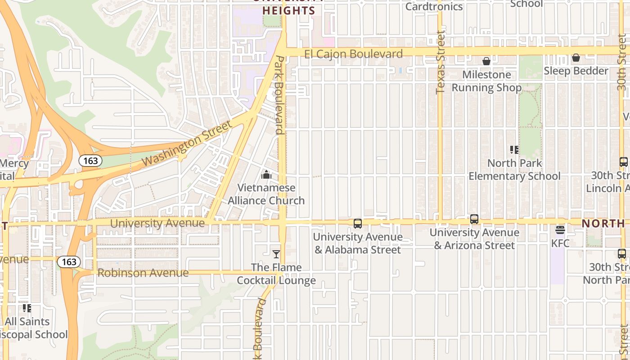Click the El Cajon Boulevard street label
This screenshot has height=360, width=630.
click(x=353, y=54)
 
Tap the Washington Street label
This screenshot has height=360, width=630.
click(x=187, y=143)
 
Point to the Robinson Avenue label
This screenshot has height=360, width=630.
click(x=143, y=273)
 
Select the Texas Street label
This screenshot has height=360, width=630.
click(x=441, y=63)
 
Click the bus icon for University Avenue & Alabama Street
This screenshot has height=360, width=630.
click(x=358, y=223)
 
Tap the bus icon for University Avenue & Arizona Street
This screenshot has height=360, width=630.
click(x=474, y=219)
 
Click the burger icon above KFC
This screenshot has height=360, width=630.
click(x=560, y=230)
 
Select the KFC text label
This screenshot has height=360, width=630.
click(x=560, y=243)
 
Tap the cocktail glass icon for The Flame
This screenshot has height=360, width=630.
click(x=276, y=254)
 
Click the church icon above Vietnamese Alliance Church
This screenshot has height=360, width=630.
click(x=266, y=175)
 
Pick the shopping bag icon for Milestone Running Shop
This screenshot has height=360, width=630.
click(x=486, y=61)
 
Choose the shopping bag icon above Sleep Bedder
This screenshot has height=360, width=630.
click(x=576, y=58)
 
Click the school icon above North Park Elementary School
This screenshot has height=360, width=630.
click(x=514, y=150)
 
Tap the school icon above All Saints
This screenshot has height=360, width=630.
click(x=27, y=308)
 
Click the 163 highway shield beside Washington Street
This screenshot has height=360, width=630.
click(x=90, y=161)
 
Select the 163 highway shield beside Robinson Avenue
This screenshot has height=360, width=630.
click(x=69, y=261)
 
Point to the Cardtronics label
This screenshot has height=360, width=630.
click(x=434, y=6)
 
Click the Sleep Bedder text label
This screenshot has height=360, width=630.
click(x=576, y=71)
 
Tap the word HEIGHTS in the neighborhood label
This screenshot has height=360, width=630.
click(x=288, y=11)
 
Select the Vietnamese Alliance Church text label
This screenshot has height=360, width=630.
click(x=266, y=194)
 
